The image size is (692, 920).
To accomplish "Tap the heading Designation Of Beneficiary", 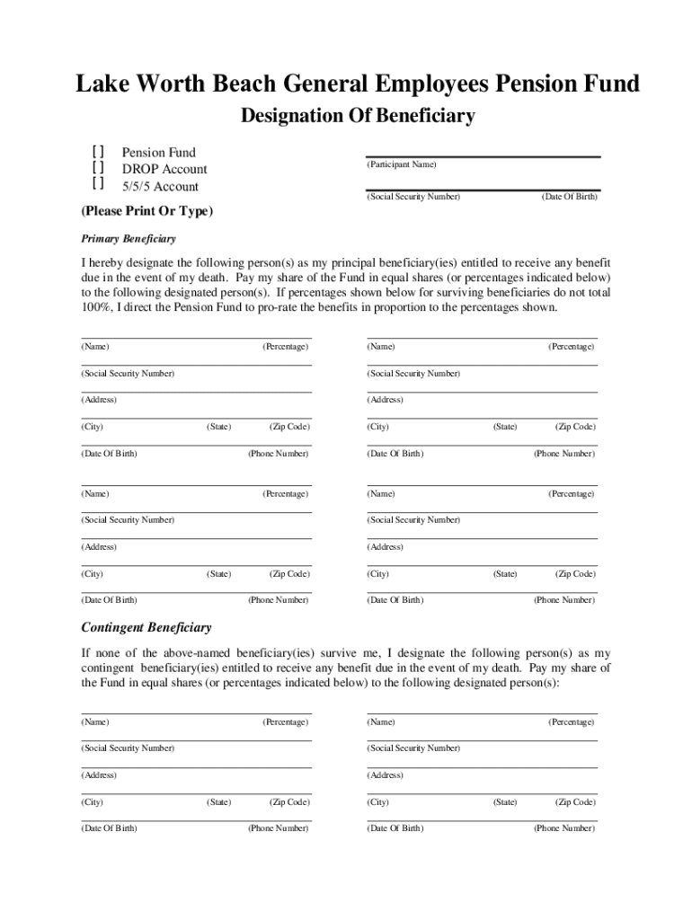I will point(357,116).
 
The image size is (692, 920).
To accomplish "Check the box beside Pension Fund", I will point(97,153).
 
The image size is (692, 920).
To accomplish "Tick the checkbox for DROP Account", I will point(97,169).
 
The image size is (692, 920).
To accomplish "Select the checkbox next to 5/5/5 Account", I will point(97,185).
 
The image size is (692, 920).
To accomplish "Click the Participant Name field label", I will point(401,165).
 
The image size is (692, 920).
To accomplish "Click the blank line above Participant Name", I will point(483,155).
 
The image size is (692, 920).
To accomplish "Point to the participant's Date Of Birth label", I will point(569,196).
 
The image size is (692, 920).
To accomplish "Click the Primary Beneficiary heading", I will point(129,239).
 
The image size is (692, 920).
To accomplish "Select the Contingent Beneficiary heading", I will point(146,627).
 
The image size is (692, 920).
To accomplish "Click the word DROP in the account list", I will point(140,169).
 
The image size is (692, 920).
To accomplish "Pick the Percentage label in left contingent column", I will point(285,722).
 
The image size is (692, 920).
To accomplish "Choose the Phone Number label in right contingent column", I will point(563,828).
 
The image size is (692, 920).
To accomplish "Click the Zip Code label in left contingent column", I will point(289,802).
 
